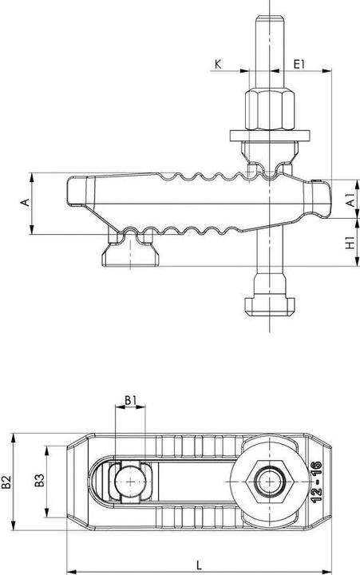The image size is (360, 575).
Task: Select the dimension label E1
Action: (299, 61)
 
